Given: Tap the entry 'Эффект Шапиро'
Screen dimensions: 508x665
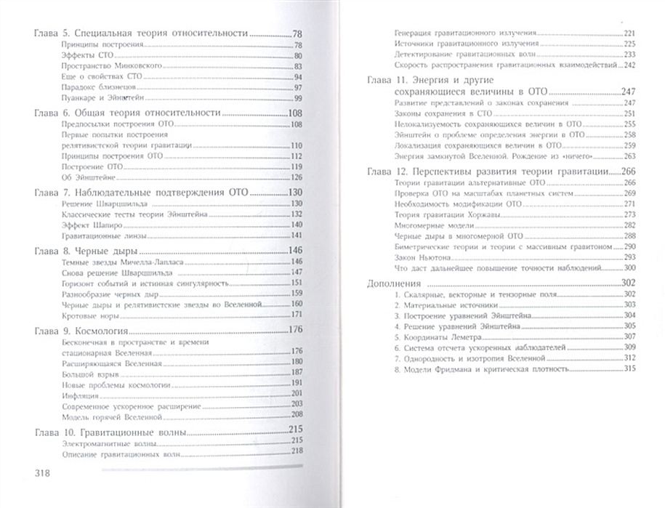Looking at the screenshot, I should pos(81,224).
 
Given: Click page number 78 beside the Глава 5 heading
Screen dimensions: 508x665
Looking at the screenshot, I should pos(297,34).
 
